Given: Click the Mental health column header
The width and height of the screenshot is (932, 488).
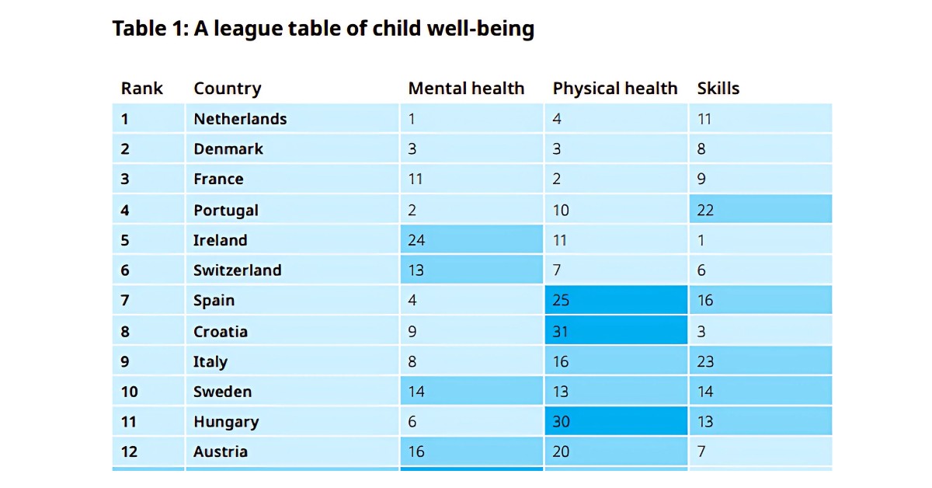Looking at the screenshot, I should click(x=466, y=89).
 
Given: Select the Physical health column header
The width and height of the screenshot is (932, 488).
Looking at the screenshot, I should click(x=614, y=89).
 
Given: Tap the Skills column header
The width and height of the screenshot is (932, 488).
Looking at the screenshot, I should click(x=718, y=89).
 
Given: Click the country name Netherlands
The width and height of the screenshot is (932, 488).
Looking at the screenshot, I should click(x=240, y=119).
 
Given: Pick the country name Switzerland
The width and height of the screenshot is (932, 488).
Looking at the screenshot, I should click(x=237, y=270).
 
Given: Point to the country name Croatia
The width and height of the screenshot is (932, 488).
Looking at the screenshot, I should click(x=221, y=332).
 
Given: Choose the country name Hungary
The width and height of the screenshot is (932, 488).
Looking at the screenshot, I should click(x=226, y=422).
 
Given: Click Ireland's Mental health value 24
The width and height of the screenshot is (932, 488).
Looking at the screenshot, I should click(x=416, y=240).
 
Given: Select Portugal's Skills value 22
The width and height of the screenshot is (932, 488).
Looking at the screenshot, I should click(x=705, y=210).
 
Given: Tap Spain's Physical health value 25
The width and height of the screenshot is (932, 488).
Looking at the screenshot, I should click(x=561, y=301).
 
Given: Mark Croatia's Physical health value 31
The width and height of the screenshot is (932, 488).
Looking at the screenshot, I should click(x=560, y=332).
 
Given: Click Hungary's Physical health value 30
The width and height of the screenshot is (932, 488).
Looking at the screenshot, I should click(x=561, y=422).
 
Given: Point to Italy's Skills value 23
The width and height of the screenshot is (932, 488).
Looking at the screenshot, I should click(x=705, y=361).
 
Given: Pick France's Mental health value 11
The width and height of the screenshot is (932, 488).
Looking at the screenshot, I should click(x=416, y=180).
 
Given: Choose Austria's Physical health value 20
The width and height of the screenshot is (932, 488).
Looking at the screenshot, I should click(x=561, y=451).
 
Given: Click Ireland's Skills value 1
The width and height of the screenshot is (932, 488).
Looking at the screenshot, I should click(x=701, y=240).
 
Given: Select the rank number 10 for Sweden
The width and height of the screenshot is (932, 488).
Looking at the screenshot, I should click(x=130, y=392).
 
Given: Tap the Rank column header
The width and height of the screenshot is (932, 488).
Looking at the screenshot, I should click(x=141, y=89).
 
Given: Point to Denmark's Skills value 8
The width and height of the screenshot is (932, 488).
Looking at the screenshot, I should click(x=701, y=149).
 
